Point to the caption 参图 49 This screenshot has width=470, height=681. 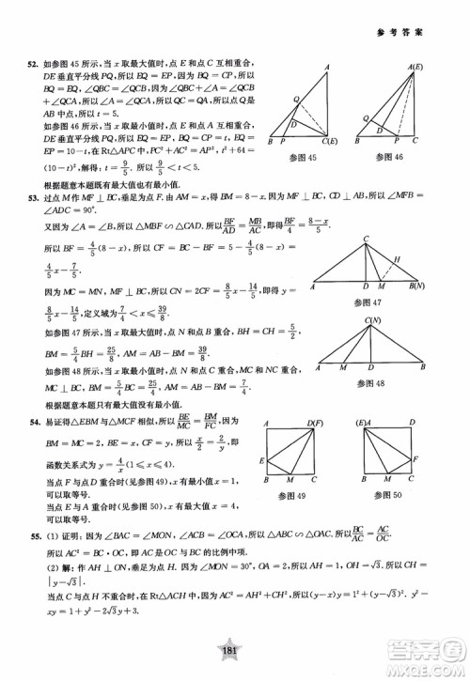coord(294,494)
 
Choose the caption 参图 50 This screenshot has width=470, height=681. coord(389,494)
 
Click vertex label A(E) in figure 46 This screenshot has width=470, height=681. coord(413,67)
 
